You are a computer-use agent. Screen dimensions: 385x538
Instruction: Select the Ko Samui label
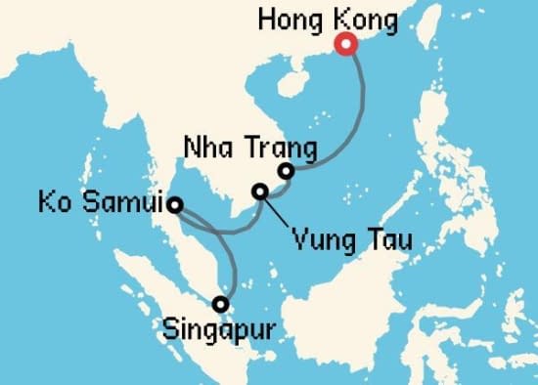click(102, 205)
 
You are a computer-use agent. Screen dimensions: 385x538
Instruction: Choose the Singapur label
click(219, 329)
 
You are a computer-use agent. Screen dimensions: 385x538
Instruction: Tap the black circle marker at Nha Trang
click(287, 172)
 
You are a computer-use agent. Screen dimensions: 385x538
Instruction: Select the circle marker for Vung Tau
click(260, 192)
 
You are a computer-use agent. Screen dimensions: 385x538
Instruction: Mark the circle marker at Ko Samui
click(174, 205)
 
